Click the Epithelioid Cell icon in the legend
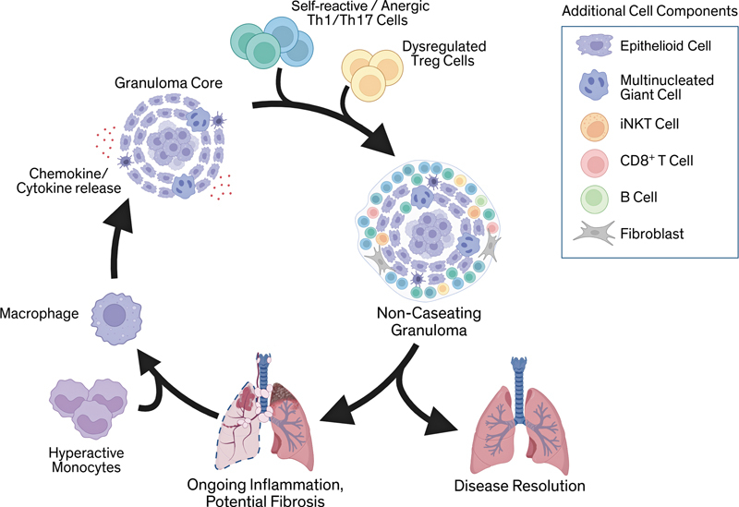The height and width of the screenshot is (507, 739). (594, 45)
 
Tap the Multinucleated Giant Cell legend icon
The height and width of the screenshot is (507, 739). (595, 86)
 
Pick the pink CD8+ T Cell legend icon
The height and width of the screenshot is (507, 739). (595, 163)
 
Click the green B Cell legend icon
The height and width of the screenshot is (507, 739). (595, 199)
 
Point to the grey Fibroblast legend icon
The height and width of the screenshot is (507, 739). (595, 234)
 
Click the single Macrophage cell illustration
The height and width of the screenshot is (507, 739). (116, 317)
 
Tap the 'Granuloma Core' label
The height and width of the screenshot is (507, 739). (168, 83)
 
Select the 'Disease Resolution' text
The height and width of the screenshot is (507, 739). (519, 486)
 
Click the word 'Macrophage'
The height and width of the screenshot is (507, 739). (40, 313)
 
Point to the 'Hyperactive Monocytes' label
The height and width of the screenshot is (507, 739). (86, 460)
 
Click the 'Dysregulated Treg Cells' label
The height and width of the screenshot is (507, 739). (443, 54)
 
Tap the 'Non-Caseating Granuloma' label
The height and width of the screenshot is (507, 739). (429, 321)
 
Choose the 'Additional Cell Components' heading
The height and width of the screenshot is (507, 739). (649, 11)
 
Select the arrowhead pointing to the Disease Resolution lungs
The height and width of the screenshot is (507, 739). (441, 421)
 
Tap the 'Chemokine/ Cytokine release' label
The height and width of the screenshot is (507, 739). (68, 181)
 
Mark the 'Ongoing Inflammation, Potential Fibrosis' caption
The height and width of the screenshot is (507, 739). (265, 492)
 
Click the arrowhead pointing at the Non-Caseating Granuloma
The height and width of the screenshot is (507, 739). (379, 139)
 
